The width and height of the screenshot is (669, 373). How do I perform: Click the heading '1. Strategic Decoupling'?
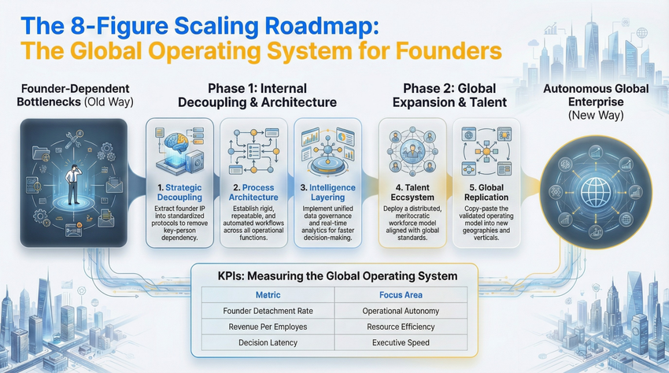[179, 193]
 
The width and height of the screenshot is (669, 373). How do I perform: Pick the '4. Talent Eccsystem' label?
[410, 193]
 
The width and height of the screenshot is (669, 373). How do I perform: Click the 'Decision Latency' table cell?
[268, 342]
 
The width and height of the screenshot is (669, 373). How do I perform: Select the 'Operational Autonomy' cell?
[401, 310]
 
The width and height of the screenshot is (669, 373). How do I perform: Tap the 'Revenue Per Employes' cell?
[268, 326]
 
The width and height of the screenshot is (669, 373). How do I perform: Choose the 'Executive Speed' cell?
[401, 342]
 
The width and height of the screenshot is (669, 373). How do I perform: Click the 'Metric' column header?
[268, 294]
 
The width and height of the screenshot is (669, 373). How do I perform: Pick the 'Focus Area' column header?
[401, 294]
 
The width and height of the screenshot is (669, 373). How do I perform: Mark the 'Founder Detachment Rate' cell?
[268, 310]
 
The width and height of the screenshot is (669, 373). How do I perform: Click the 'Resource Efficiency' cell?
[401, 326]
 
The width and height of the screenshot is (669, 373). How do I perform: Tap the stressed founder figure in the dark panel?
[71, 173]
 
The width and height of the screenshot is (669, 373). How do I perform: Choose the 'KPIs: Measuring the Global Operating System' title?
[336, 275]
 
